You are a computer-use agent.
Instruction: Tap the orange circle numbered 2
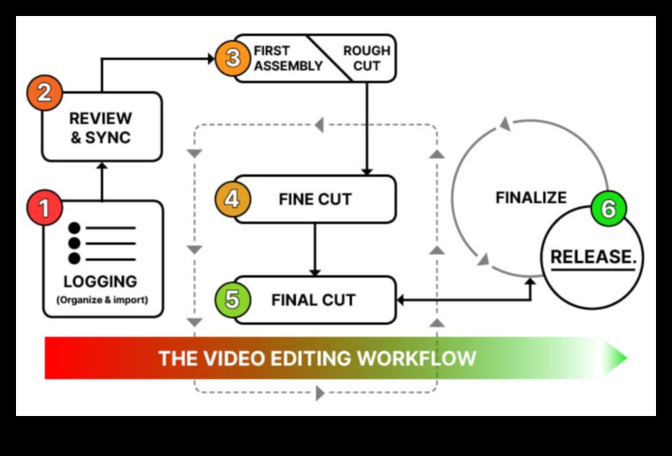point(46,93)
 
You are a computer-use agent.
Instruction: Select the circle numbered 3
point(231,58)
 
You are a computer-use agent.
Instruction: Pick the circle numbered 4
point(231,198)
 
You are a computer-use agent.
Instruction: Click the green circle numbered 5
point(231,300)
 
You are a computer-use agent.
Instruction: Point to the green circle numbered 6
point(608,210)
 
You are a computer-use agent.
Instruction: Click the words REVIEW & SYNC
point(101,128)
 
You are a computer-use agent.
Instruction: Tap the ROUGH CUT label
point(366,58)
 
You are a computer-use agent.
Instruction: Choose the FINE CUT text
point(315,199)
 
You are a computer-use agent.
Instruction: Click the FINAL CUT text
point(314,301)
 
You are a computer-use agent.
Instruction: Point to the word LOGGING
point(101,282)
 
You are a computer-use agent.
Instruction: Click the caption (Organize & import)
point(102,301)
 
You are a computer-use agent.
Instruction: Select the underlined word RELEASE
point(592,257)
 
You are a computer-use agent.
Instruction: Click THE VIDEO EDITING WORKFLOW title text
point(317,358)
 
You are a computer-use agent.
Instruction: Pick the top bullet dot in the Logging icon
point(75,228)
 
